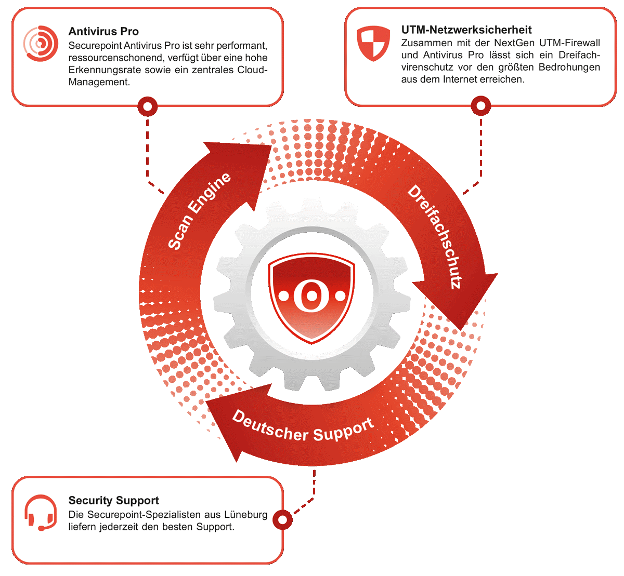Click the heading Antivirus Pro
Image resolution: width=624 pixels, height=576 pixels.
click(103, 31)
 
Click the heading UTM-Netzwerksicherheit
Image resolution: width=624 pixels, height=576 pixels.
click(466, 30)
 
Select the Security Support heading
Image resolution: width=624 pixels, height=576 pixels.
click(113, 500)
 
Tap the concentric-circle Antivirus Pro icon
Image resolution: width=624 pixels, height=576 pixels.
click(41, 43)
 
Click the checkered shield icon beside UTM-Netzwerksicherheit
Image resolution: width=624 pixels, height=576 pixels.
click(373, 43)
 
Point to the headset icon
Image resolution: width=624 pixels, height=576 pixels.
click(41, 513)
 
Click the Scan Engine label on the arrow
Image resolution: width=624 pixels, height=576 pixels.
click(199, 211)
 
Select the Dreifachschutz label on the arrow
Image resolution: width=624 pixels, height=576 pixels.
click(435, 237)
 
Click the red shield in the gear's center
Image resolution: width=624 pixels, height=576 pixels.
click(311, 298)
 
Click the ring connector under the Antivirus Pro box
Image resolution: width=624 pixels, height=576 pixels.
click(147, 106)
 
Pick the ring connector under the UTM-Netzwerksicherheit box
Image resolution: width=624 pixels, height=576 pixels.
click(480, 106)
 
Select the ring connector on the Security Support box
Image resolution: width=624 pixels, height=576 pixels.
click(282, 520)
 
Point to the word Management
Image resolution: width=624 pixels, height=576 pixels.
click(99, 82)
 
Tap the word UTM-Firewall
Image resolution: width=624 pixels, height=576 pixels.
click(569, 43)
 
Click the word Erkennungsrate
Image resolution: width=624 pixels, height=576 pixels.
click(105, 70)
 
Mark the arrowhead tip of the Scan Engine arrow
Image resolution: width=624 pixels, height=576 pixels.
click(271, 145)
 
